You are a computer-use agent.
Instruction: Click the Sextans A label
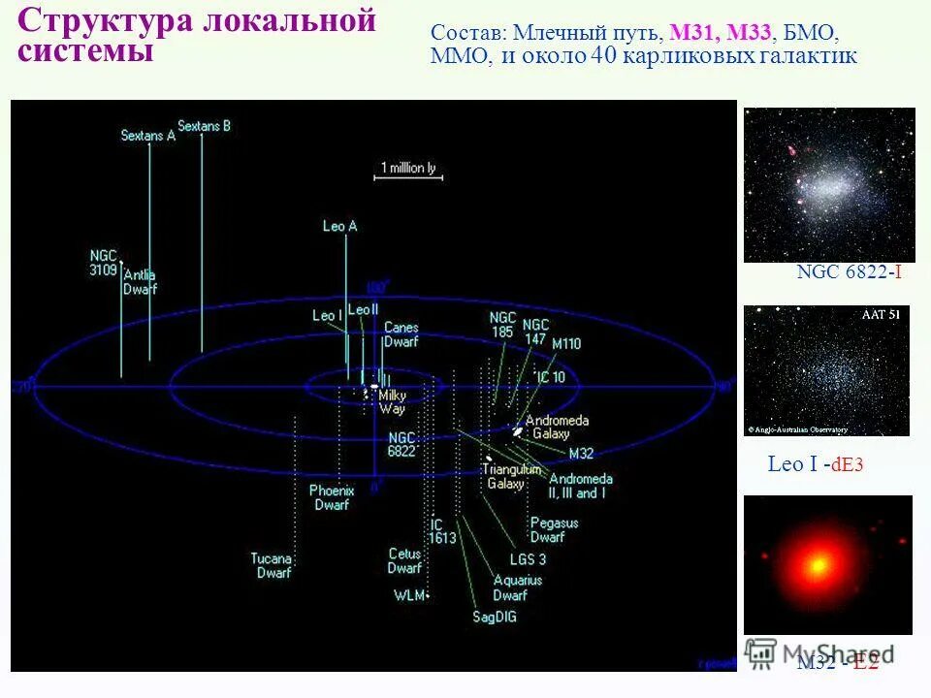147,136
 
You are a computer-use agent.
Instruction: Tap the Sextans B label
204,126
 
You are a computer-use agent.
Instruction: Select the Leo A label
339,226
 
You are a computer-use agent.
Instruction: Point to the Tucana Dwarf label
273,565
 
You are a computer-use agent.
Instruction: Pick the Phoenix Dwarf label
331,497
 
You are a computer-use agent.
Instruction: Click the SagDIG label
494,616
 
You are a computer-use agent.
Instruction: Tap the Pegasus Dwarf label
554,529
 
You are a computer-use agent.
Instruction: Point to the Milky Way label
392,401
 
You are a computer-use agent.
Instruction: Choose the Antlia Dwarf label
140,281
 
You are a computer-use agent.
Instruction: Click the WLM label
409,594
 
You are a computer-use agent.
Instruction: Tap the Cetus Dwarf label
404,560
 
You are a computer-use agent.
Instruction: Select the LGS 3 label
528,559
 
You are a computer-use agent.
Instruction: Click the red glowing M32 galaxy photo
827,564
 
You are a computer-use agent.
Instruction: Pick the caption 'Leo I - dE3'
815,465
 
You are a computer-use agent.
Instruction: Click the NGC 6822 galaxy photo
829,184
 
